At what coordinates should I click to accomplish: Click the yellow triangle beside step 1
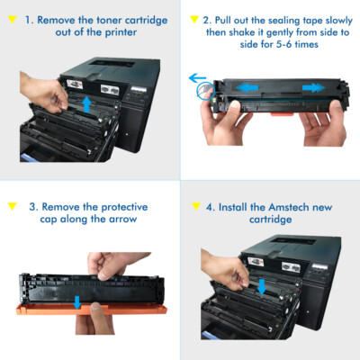[12, 18]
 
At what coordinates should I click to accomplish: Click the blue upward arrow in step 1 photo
[86, 103]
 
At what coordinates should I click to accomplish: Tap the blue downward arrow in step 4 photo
[260, 286]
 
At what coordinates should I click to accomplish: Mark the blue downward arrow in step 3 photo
[80, 298]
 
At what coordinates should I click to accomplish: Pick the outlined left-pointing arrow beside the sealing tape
[197, 78]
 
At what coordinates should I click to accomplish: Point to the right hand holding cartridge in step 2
[319, 126]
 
